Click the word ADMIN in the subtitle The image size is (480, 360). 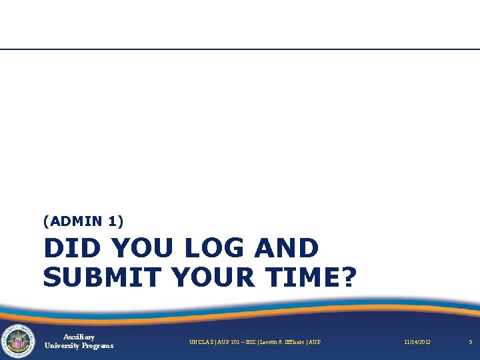click(75, 221)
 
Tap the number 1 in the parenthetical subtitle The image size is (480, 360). click(111, 221)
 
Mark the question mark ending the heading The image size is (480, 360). click(348, 276)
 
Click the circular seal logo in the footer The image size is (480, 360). click(18, 341)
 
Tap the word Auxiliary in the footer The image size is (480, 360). click(79, 337)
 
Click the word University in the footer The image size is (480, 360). click(63, 346)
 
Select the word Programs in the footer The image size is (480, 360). click(99, 346)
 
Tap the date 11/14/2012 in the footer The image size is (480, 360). click(417, 342)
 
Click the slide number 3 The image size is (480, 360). click(470, 342)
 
